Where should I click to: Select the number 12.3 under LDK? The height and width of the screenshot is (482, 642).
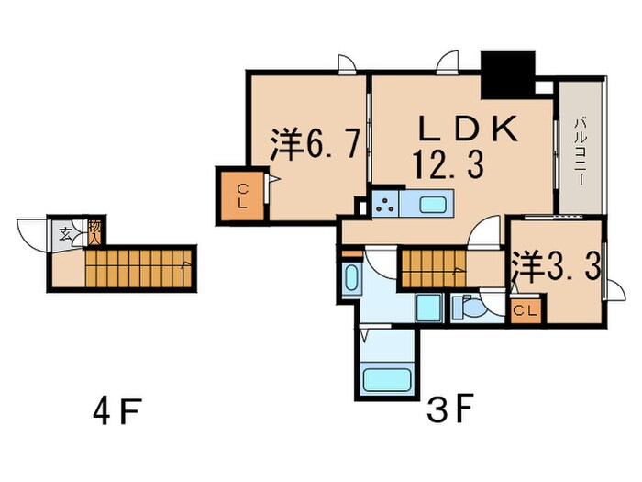coord(448,165)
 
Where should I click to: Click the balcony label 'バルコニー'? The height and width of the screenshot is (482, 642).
coord(581,148)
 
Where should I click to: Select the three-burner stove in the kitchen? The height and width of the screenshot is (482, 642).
coord(386,202)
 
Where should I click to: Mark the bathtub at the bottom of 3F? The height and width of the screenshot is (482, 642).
coord(386,380)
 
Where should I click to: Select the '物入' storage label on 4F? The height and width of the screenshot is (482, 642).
coord(94,230)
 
